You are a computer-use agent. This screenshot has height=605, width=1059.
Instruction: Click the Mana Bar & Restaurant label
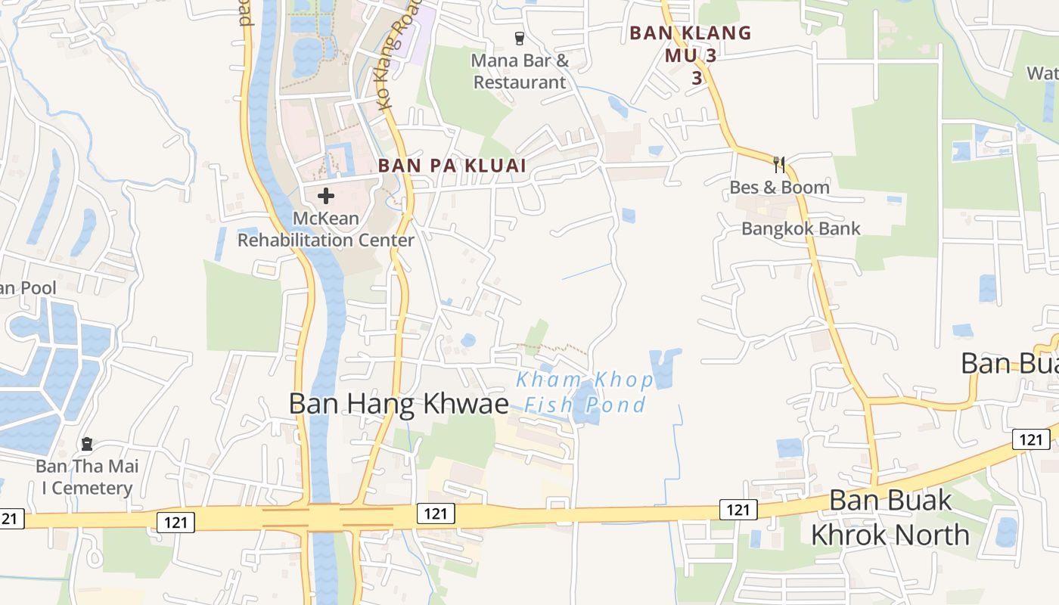(x=520, y=71)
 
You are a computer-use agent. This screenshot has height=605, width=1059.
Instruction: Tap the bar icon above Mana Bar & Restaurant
(x=519, y=38)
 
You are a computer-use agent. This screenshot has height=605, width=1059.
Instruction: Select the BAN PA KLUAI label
(x=452, y=166)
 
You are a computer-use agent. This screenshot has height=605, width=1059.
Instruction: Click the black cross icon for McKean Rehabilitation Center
(x=326, y=196)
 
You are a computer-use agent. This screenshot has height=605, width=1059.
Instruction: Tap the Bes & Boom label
(x=779, y=187)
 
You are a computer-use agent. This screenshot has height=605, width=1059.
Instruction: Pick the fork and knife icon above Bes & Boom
(x=779, y=163)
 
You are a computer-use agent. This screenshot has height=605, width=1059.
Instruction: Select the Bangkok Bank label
(x=801, y=228)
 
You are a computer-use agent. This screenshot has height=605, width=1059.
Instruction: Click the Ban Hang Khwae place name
(x=399, y=404)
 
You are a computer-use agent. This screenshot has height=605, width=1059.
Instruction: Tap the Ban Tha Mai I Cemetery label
(x=87, y=477)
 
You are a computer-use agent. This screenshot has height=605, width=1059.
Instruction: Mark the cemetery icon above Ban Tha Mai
(x=87, y=443)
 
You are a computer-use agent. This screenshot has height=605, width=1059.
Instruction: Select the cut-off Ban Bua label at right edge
(x=1009, y=363)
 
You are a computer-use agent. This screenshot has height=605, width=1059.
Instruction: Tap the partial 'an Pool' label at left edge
(x=28, y=288)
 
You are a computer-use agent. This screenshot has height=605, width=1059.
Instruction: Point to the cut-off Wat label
(x=1042, y=73)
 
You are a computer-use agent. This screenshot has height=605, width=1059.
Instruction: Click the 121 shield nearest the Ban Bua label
(x=1030, y=439)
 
